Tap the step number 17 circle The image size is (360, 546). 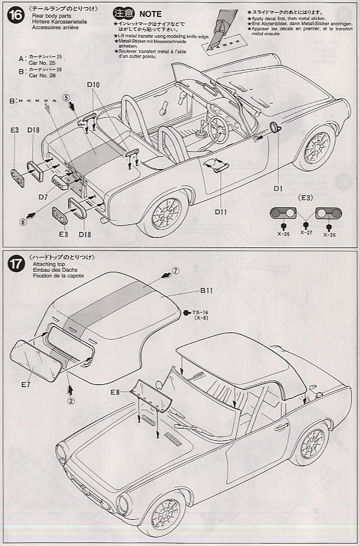pyautogui.click(x=16, y=264)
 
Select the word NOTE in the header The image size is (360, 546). pyautogui.click(x=151, y=13)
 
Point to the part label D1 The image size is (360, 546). pyautogui.click(x=278, y=188)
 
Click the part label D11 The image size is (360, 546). pyautogui.click(x=220, y=212)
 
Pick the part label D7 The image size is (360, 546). pyautogui.click(x=43, y=197)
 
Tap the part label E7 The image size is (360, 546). pyautogui.click(x=26, y=384)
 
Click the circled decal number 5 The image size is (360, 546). pyautogui.click(x=66, y=97)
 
